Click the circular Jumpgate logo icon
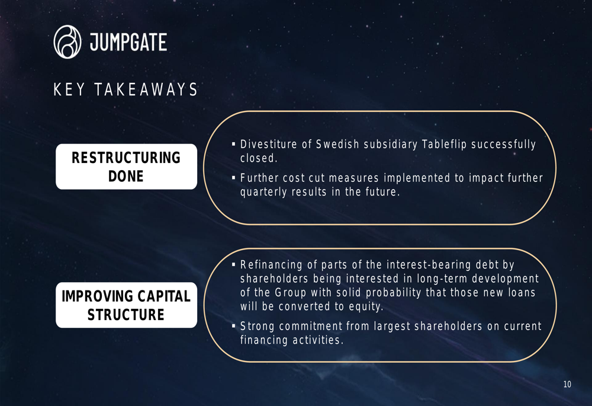pos(67,42)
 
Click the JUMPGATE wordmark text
pos(128,42)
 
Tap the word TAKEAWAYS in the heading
pos(146,89)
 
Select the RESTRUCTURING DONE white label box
pos(127,167)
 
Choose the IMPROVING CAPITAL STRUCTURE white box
pos(127,305)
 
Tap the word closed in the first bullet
pos(258,158)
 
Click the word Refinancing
pos(272,264)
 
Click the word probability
pos(394,292)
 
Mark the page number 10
pos(567,385)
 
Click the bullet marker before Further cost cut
pos(233,178)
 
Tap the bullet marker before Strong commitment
pos(233,326)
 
